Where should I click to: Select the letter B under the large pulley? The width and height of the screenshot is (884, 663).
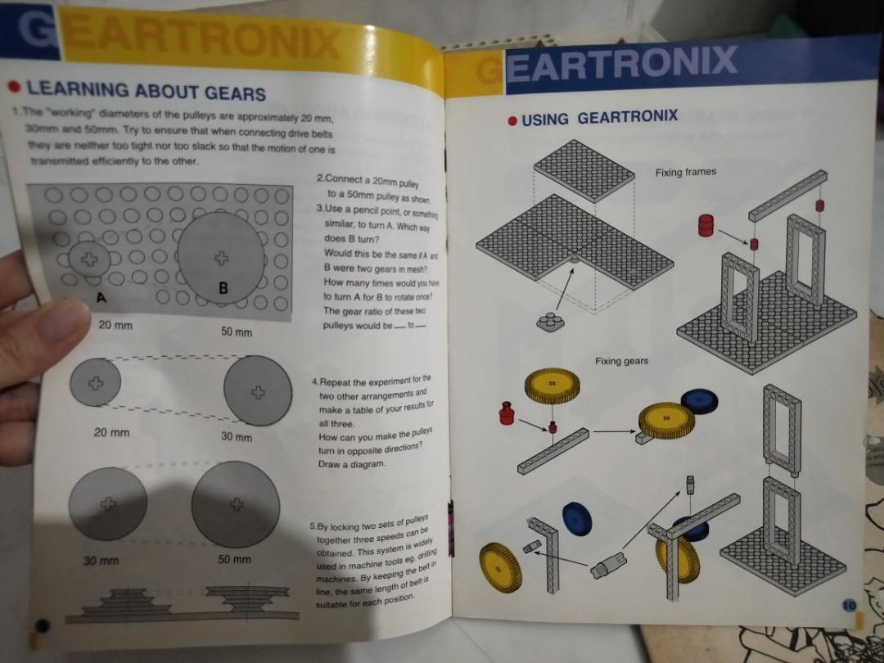[x=223, y=288]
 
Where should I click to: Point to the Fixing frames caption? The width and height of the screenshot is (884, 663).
[x=685, y=172]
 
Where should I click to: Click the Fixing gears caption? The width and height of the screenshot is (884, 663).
[x=621, y=361]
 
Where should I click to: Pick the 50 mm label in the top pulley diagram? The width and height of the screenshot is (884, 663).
[x=237, y=332]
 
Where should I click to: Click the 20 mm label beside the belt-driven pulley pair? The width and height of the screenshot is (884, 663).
[x=110, y=431]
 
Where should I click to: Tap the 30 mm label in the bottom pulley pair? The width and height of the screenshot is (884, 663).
[x=101, y=561]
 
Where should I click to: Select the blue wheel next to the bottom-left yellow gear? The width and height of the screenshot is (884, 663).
[x=577, y=519]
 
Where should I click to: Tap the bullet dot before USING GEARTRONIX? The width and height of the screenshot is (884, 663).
[x=512, y=120]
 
